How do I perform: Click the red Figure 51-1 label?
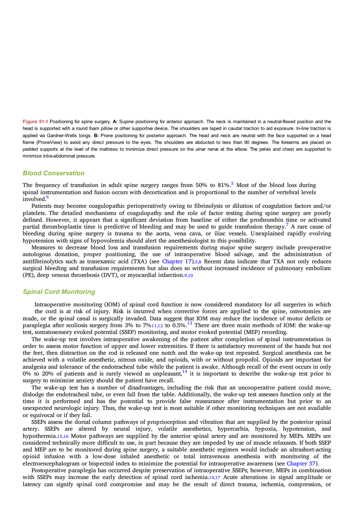(x=35, y=122)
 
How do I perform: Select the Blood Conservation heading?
(x=54, y=173)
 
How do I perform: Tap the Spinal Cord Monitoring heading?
(x=59, y=292)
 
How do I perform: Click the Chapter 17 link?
(x=177, y=261)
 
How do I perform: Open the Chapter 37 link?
(x=301, y=463)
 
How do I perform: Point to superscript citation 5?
(x=232, y=183)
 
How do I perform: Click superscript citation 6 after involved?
(x=47, y=197)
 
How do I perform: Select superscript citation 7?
(x=287, y=225)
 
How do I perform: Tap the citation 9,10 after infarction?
(x=188, y=275)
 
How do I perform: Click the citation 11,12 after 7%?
(x=158, y=326)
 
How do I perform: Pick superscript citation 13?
(x=190, y=323)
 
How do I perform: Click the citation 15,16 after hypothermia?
(x=63, y=436)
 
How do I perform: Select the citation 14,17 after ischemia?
(x=215, y=478)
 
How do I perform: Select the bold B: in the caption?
(x=96, y=136)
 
